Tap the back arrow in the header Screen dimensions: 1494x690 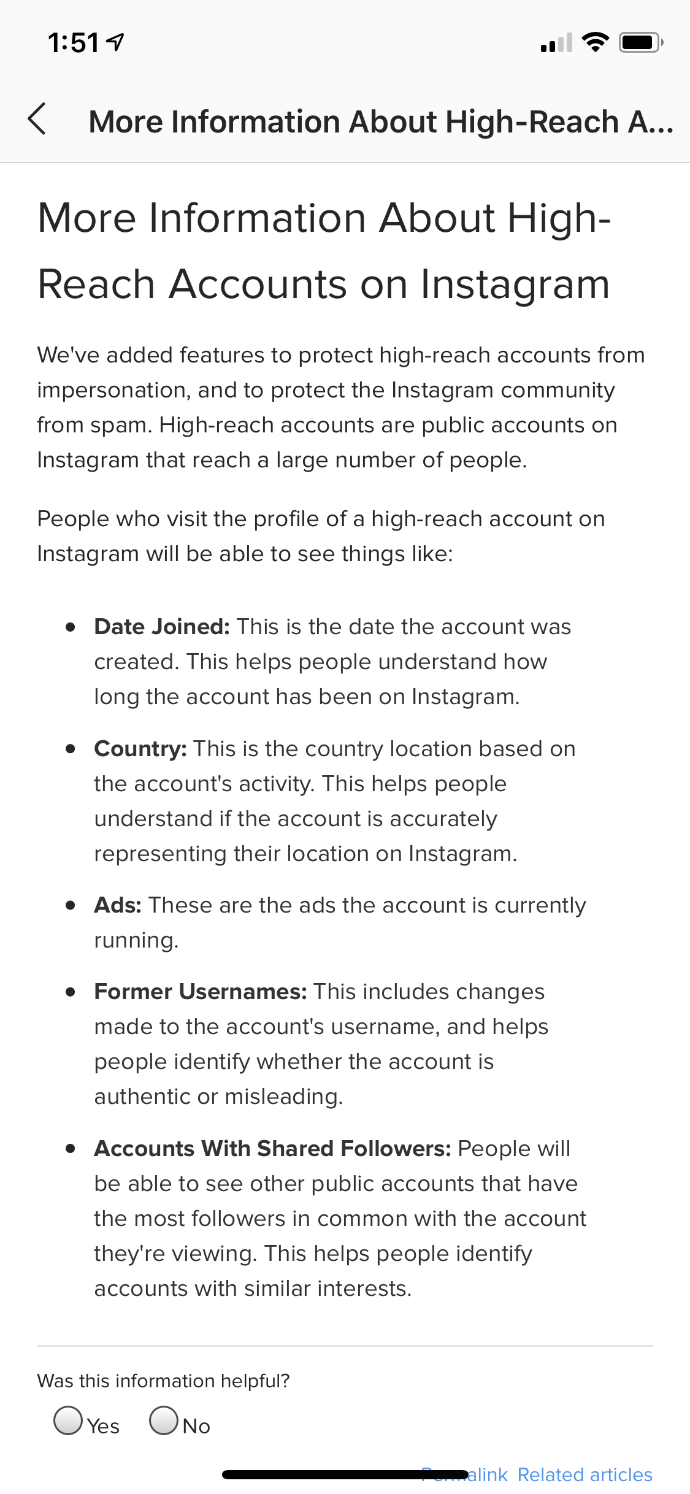37,119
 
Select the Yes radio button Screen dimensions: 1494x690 68,1420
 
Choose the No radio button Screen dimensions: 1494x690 164,1420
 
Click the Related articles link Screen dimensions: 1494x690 585,1474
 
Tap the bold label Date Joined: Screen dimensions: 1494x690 162,627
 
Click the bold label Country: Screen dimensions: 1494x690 140,749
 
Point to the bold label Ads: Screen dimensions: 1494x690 118,905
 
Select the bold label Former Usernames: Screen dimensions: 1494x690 201,992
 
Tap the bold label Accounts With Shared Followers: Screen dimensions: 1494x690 272,1149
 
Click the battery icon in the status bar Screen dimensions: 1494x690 640,42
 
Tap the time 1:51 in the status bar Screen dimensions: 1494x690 73,43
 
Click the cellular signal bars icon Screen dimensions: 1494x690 556,43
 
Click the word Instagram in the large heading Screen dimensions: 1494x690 515,285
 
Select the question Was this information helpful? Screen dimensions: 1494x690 163,1381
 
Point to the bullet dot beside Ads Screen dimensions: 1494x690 71,905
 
